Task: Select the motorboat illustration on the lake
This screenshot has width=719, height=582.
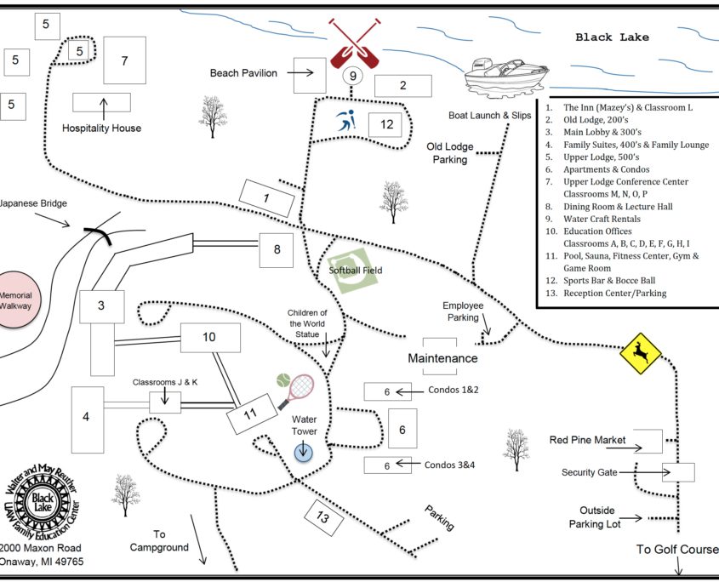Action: (505, 75)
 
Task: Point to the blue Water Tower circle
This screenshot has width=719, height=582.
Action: (305, 452)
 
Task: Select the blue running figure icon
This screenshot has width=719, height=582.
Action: (345, 123)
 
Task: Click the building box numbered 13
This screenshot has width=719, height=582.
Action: (322, 517)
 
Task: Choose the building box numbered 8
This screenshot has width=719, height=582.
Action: (277, 249)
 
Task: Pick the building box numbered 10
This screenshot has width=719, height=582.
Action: (209, 338)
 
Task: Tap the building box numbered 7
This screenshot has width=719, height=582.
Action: (124, 60)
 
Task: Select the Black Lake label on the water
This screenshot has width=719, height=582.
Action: (612, 37)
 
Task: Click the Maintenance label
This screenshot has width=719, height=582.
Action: (442, 358)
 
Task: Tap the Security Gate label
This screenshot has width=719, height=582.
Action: (589, 472)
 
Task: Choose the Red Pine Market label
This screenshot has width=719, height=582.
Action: (587, 440)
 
